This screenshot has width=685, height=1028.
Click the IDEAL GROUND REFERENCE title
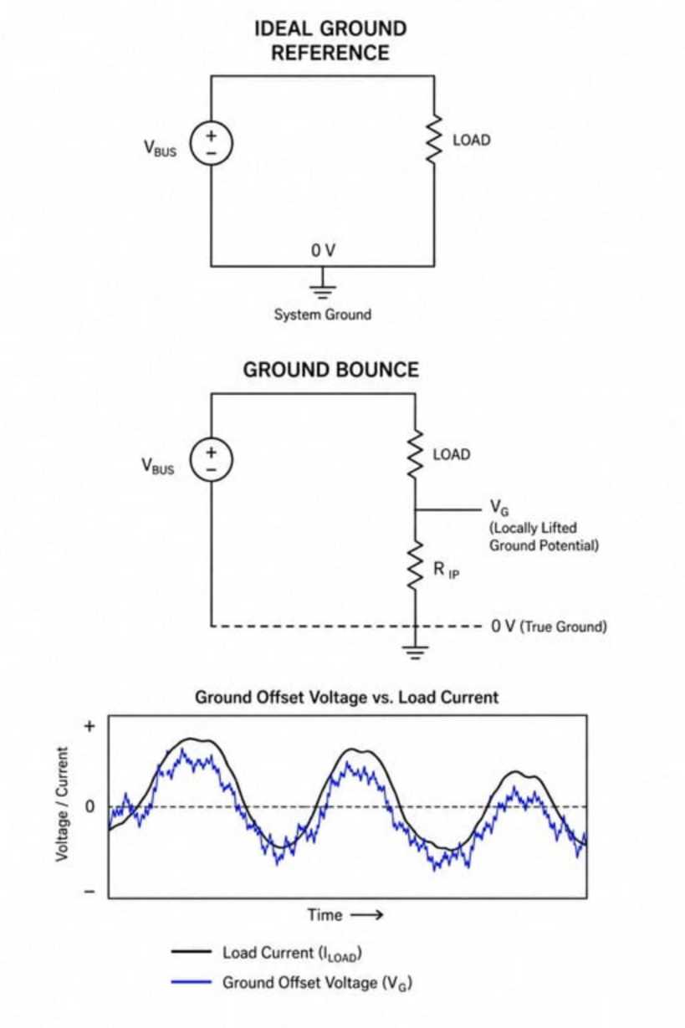[x=330, y=40]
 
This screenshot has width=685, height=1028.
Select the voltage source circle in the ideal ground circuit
[x=211, y=143]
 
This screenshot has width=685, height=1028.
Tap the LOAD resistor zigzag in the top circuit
[x=433, y=139]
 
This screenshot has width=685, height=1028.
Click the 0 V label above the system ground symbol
[x=323, y=250]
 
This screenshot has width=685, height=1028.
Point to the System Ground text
[x=323, y=315]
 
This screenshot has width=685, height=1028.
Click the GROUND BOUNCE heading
[x=331, y=370]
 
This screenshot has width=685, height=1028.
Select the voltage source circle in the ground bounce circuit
[x=211, y=459]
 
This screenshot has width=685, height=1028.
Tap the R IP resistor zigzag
[x=415, y=565]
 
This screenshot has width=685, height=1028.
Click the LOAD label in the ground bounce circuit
[x=452, y=454]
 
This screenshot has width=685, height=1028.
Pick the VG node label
[x=499, y=507]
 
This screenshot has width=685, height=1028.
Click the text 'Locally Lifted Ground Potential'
[x=544, y=536]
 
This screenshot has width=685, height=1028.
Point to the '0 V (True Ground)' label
[x=549, y=626]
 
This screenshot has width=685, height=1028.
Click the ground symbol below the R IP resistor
[x=415, y=652]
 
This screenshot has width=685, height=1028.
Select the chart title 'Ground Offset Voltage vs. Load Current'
[x=346, y=697]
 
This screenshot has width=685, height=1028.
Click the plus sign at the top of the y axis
[x=89, y=727]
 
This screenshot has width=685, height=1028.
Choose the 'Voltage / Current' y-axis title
[x=62, y=804]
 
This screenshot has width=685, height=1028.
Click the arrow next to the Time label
[x=366, y=915]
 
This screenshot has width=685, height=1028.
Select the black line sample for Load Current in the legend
[x=192, y=951]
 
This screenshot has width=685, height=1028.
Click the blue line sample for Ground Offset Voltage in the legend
[x=192, y=982]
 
